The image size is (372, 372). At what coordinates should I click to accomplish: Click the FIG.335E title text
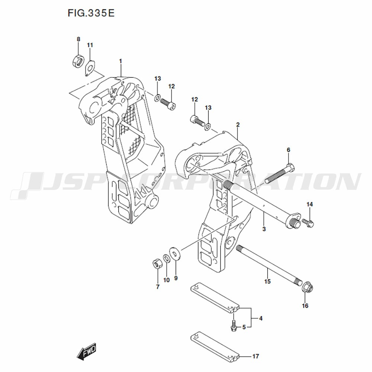point(91,13)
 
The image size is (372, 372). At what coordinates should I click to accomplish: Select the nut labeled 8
point(77,61)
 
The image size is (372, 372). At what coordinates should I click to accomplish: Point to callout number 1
point(121,61)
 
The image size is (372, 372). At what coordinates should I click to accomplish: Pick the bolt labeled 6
point(280,174)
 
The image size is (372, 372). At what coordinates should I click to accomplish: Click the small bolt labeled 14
point(308,222)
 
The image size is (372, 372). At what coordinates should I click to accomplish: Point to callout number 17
point(256,356)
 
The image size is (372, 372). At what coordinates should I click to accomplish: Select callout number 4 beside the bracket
point(261,318)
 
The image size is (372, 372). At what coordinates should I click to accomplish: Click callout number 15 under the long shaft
point(267,281)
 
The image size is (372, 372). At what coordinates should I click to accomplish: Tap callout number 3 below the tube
point(264,229)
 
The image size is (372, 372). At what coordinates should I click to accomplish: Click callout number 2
point(238,125)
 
